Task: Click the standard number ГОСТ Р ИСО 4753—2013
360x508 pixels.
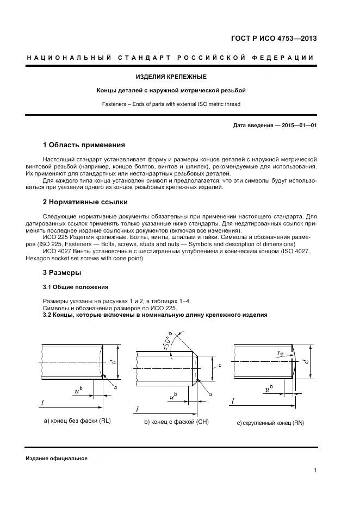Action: [x=275, y=39]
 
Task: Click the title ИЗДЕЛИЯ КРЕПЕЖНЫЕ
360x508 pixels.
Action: [x=171, y=77]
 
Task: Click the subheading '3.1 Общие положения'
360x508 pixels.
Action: [x=76, y=287]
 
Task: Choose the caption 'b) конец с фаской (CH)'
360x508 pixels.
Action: [x=176, y=422]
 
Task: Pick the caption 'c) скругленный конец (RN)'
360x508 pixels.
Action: [x=270, y=423]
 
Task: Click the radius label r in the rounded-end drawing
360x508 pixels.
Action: [x=281, y=353]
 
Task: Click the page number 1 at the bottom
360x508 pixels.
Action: [x=315, y=471]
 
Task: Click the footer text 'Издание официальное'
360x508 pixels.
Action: [x=57, y=458]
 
